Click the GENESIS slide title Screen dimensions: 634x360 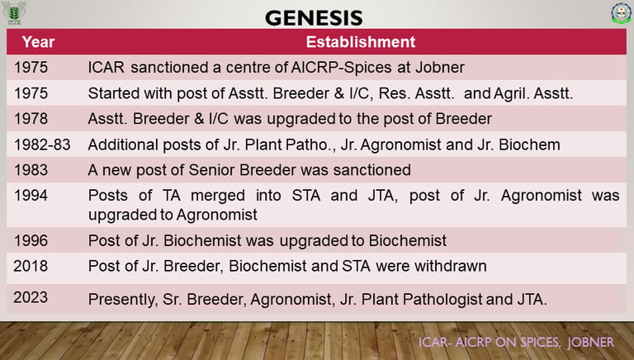pos(314,18)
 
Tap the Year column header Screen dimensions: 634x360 pos(39,42)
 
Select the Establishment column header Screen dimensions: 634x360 pos(360,42)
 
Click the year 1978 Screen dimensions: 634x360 pos(31,119)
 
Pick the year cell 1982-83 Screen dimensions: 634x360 pos(42,144)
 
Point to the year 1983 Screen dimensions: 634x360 pos(31,170)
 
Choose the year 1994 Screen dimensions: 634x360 pos(31,196)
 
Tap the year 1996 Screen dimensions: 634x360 pos(31,240)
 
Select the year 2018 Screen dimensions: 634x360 pos(31,266)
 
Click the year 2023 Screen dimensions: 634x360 pos(31,298)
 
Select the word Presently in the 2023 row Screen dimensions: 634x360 pos(123,300)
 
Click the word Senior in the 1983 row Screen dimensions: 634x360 pos(212,170)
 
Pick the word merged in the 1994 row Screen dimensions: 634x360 pos(218,197)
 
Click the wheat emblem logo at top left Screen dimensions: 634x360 pos(14,12)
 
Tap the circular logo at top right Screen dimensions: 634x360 pos(621,13)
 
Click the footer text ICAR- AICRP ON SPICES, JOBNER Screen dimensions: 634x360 pos(516,342)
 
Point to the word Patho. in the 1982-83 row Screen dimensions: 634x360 pos(310,144)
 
